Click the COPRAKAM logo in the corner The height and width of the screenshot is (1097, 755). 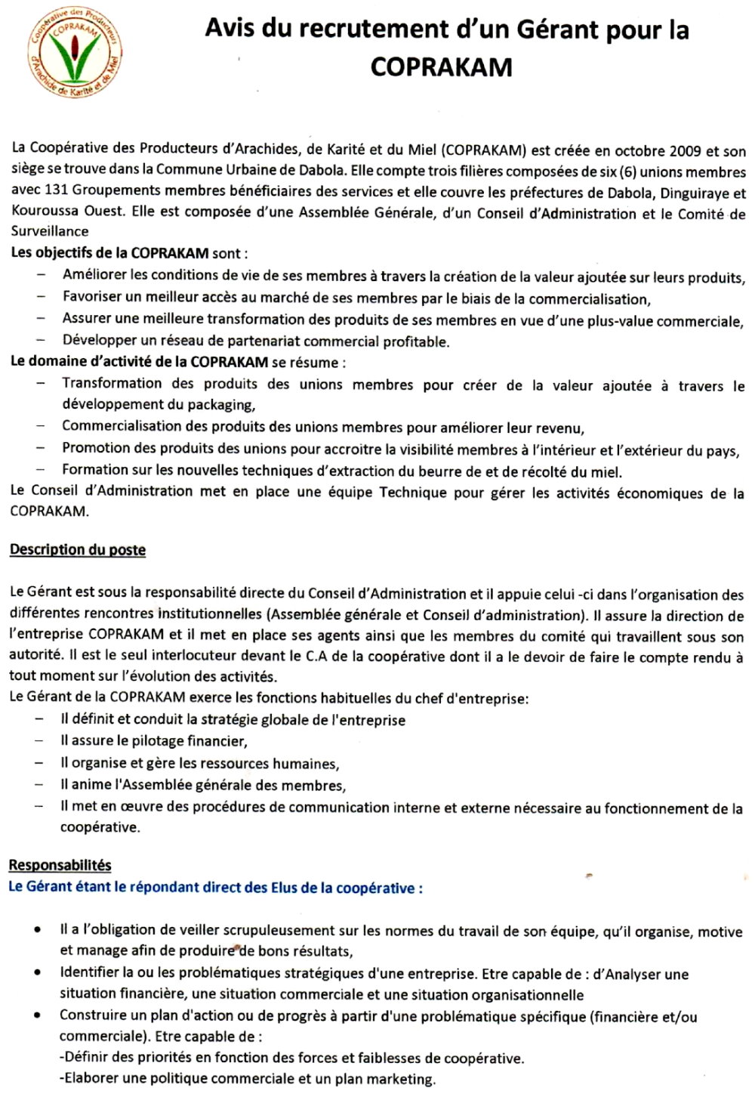click(75, 56)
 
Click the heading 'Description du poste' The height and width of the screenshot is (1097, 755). click(78, 550)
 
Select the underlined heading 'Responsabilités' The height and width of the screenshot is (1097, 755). click(60, 865)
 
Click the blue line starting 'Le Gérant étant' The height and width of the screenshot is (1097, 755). click(215, 887)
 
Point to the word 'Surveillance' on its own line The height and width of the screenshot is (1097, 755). click(49, 231)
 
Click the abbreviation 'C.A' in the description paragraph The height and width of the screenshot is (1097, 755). click(316, 656)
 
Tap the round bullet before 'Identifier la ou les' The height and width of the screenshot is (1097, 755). click(38, 974)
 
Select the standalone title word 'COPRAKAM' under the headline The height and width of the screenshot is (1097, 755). click(442, 66)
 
